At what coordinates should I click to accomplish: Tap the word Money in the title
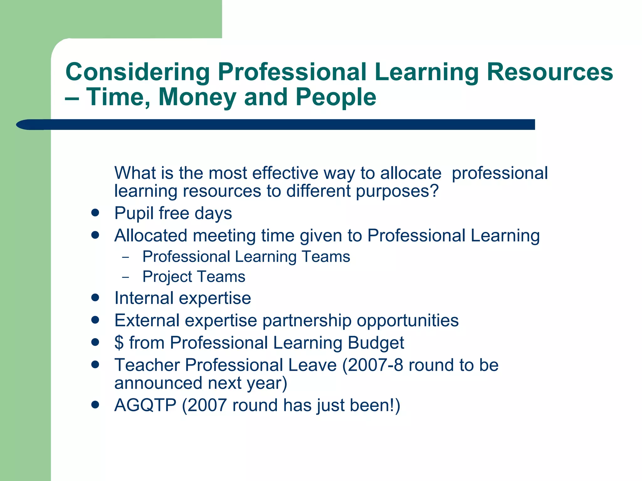click(x=197, y=97)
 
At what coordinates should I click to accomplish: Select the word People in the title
click(x=336, y=97)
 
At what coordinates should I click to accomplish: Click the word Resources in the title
click(x=550, y=72)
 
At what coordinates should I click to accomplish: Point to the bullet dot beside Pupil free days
click(x=95, y=213)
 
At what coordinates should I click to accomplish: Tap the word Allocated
click(x=151, y=235)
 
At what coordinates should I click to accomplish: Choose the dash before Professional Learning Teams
click(x=126, y=257)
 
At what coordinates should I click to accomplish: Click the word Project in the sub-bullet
click(x=167, y=277)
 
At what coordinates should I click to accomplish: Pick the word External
click(x=147, y=320)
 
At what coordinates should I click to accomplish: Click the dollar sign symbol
click(x=119, y=343)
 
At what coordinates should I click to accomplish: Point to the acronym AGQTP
click(x=145, y=405)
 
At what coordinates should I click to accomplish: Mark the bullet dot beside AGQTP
click(x=95, y=405)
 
